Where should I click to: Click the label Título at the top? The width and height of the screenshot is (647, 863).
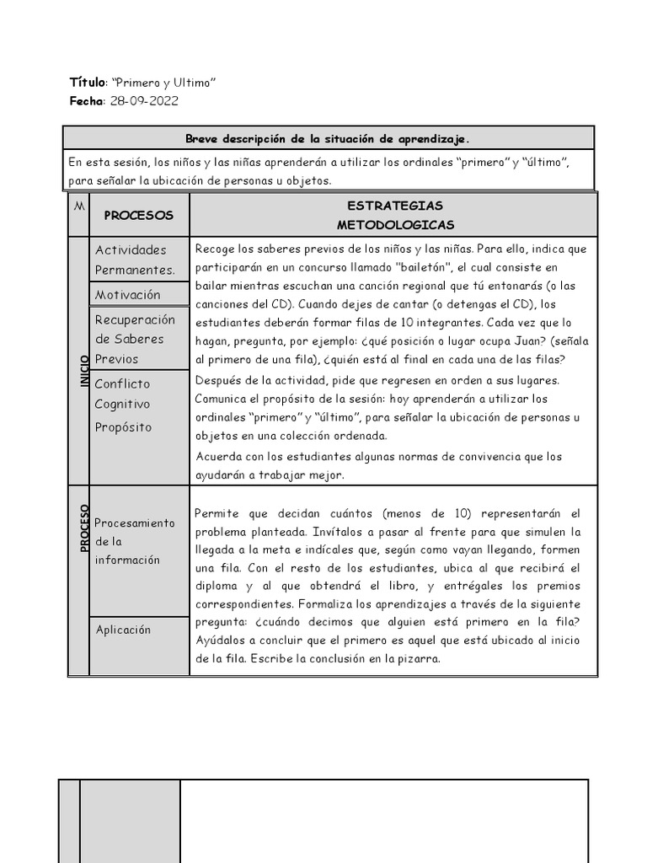point(87,83)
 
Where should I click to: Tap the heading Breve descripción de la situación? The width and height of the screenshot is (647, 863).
point(328,138)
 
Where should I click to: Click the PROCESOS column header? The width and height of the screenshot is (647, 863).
point(138,215)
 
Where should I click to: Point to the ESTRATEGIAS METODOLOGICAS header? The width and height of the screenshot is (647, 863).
point(394,215)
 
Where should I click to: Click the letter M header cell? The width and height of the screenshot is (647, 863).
point(78,207)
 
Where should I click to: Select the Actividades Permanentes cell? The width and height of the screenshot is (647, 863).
point(135,260)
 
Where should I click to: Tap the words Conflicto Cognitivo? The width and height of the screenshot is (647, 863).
point(123,394)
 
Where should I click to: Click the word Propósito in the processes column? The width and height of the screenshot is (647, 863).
point(123,427)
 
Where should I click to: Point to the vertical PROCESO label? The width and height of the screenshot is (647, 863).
point(84,528)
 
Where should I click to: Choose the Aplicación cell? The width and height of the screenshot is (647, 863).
point(123,630)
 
